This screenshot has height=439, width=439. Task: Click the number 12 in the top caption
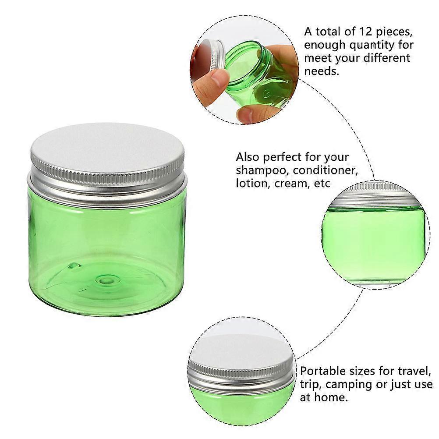[x=366, y=32]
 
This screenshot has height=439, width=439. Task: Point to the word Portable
[x=323, y=371]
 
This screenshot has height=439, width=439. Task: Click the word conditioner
[x=326, y=170]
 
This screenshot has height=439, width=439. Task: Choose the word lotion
[x=251, y=184]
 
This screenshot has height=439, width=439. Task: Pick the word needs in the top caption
[x=322, y=71]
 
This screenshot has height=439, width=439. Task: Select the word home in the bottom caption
[x=331, y=397]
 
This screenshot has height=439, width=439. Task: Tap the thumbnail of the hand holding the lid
[x=244, y=70]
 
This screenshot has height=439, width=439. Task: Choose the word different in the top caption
[x=387, y=58]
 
